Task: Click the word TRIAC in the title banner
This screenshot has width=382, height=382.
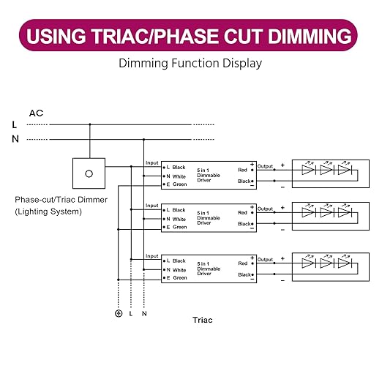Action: coord(119,36)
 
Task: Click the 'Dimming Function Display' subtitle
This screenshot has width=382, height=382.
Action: coord(190,63)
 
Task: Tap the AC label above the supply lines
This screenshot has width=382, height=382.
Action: coord(36,113)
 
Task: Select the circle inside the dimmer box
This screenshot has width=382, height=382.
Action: coord(89,173)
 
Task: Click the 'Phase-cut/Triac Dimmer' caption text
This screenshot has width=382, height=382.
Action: coord(61,200)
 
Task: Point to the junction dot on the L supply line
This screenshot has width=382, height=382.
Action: coord(90,124)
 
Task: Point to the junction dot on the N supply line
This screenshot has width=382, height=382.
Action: coord(143,140)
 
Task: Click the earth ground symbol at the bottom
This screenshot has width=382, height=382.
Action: coord(119,313)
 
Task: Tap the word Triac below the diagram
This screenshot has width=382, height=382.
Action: coord(203,320)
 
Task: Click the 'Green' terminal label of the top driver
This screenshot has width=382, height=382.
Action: coord(180,184)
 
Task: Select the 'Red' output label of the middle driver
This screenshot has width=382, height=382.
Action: coord(242,213)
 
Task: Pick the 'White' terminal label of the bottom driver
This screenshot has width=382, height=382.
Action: coord(179,270)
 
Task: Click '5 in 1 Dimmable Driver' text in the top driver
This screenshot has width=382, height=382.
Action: coord(209,175)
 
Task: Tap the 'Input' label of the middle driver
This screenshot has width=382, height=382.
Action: coord(152,206)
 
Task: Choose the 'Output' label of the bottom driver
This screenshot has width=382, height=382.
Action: coord(265,260)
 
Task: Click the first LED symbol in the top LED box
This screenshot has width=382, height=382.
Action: coord(309,170)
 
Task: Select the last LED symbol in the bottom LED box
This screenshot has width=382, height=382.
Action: coord(345,263)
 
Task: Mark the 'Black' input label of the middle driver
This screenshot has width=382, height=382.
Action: coord(179,210)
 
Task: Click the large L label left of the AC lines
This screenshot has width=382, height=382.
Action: coord(15,124)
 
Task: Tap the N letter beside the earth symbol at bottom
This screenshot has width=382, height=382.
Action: coord(144,314)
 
